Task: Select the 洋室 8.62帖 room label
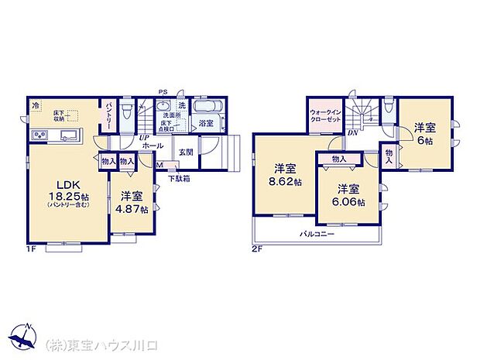click(x=285, y=174)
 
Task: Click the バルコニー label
click(x=316, y=233)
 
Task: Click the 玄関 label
click(x=187, y=153)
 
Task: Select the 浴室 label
click(x=206, y=123)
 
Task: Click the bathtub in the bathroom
click(x=207, y=107)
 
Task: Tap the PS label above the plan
click(x=163, y=92)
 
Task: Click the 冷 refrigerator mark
click(x=36, y=105)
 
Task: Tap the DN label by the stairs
click(x=352, y=132)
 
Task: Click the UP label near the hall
click(x=144, y=138)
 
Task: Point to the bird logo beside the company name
click(x=23, y=339)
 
